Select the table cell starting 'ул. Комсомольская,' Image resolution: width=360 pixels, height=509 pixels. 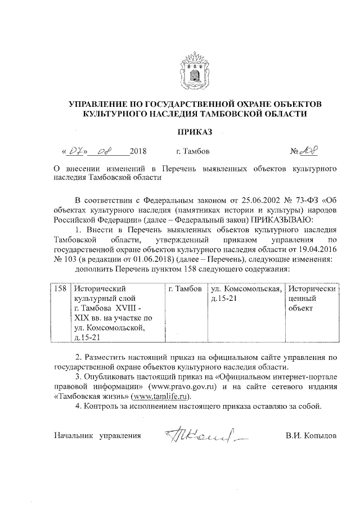tap(245, 293)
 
